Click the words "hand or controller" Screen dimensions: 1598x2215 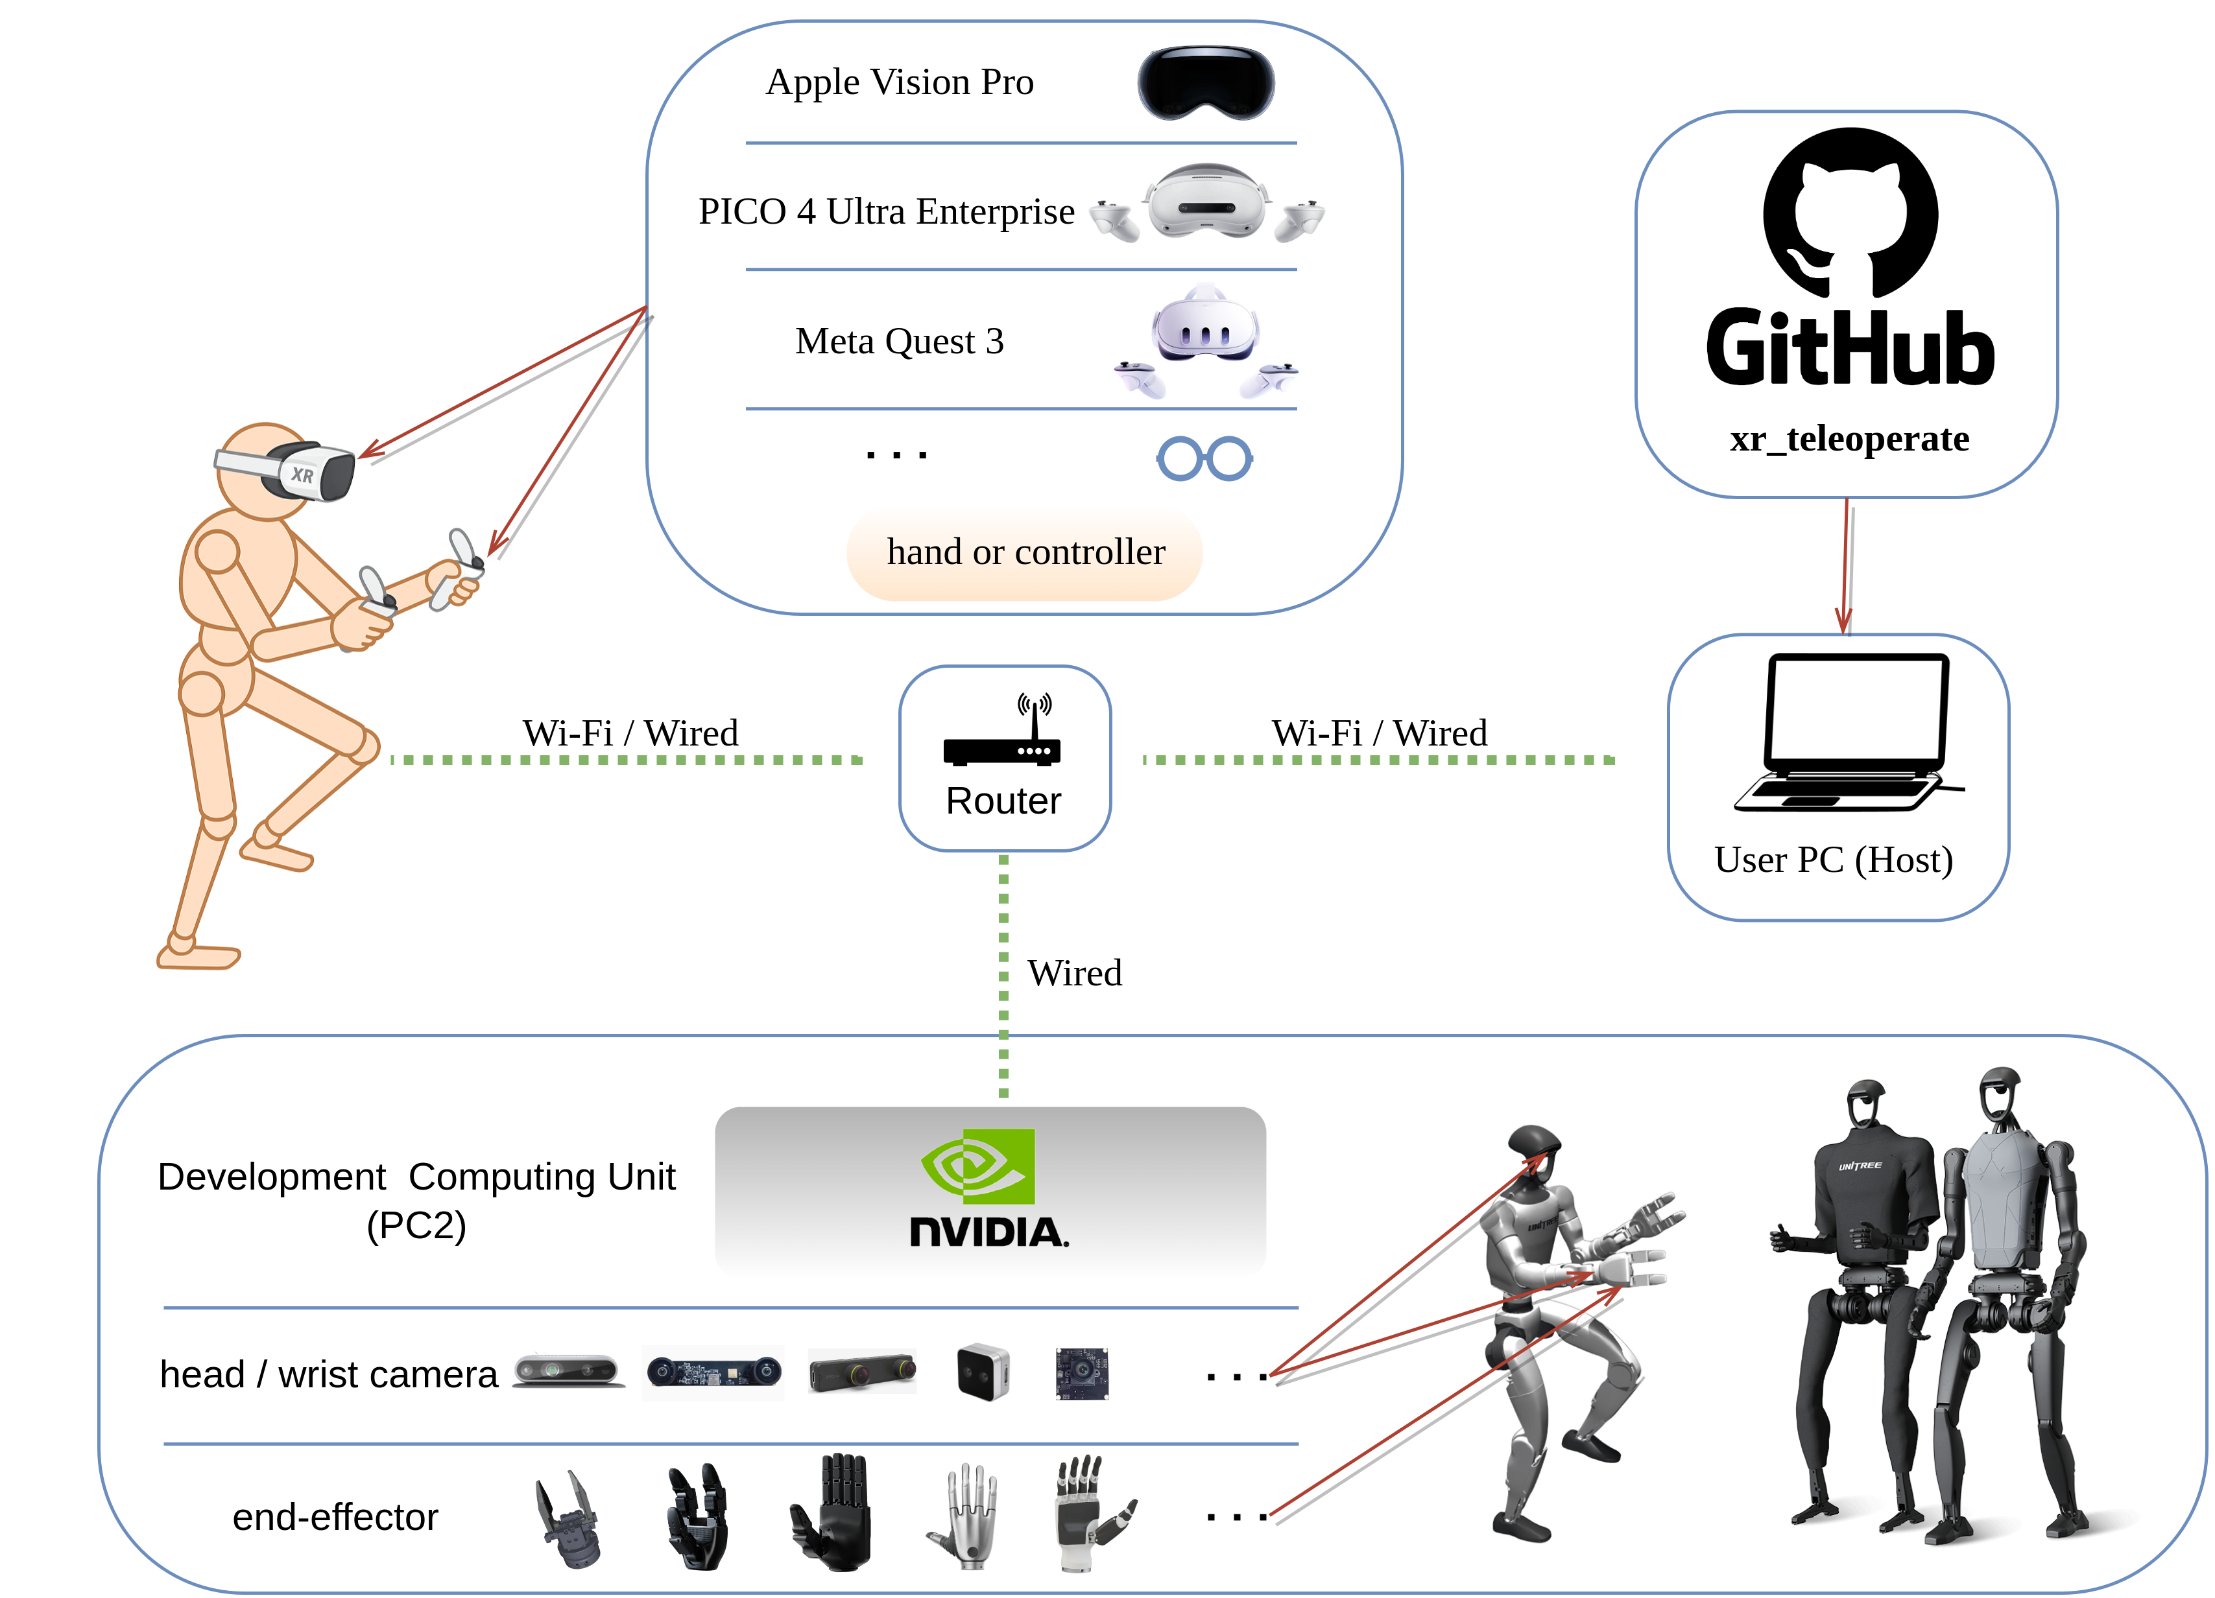(x=1025, y=552)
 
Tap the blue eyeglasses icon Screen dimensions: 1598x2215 (x=1204, y=458)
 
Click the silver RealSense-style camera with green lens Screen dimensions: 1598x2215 (x=568, y=1370)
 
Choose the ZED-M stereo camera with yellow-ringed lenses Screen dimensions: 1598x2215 (x=861, y=1372)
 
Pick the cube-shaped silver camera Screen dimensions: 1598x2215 (x=983, y=1372)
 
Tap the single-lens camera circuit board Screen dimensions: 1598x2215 (x=1082, y=1372)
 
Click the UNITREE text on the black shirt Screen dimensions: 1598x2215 (x=1860, y=1166)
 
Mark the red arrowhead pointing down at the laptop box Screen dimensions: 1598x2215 (x=1843, y=621)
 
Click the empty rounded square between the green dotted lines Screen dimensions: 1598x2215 (x=1004, y=758)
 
